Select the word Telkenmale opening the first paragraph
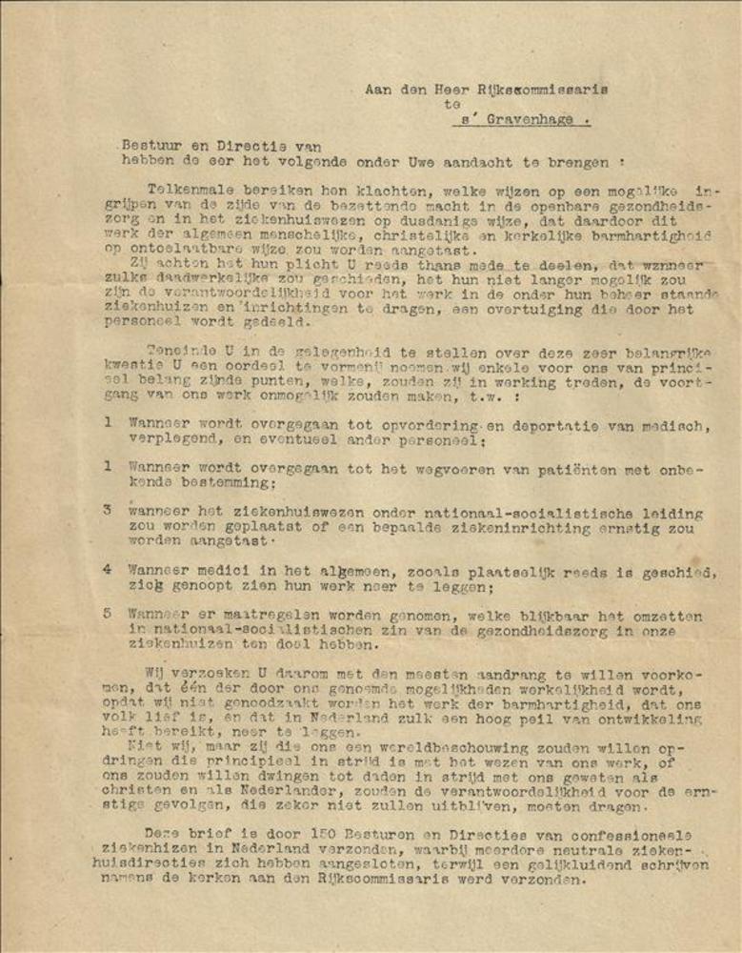click(x=191, y=189)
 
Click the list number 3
click(x=108, y=510)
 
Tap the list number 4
click(x=108, y=570)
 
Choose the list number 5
click(x=108, y=616)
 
